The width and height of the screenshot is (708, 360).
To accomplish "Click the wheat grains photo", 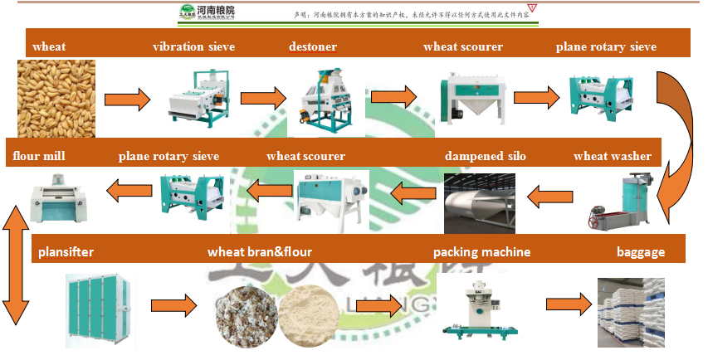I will pyautogui.click(x=56, y=99).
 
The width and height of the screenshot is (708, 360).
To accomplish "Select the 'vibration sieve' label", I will pyautogui.click(x=193, y=46).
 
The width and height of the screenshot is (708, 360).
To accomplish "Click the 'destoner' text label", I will pyautogui.click(x=312, y=46).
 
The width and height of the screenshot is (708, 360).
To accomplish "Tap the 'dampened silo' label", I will pyautogui.click(x=485, y=156).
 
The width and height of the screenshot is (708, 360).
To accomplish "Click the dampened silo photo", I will pyautogui.click(x=479, y=203).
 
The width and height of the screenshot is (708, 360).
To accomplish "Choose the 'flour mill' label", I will pyautogui.click(x=39, y=155).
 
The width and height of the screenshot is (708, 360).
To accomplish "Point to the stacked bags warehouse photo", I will pyautogui.click(x=632, y=312).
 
